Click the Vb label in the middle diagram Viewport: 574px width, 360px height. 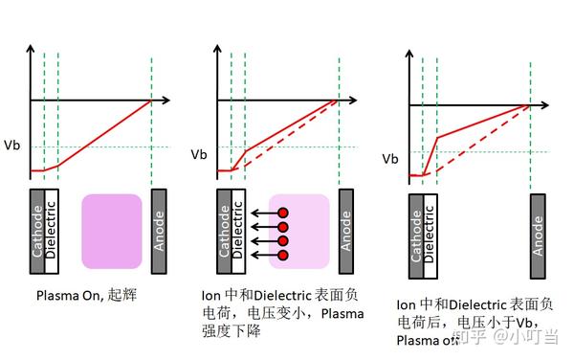coord(199,153)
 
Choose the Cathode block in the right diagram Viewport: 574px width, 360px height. coord(415,236)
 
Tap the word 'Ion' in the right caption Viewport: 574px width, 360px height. coord(405,304)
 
